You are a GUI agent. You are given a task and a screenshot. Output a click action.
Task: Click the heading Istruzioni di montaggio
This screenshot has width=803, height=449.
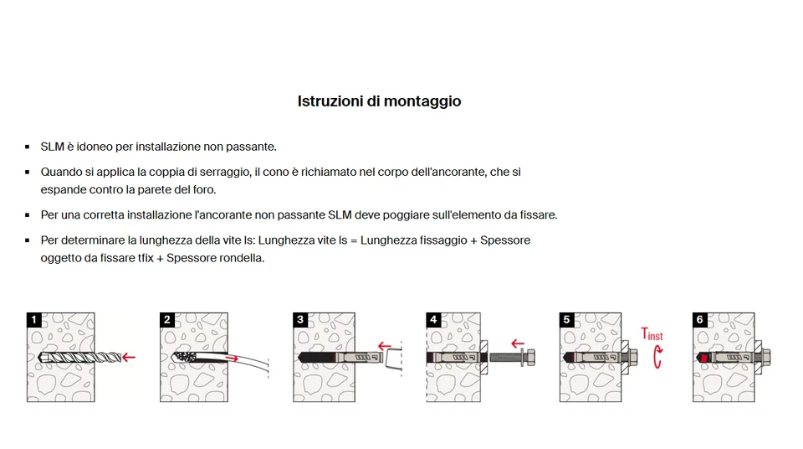[379, 101]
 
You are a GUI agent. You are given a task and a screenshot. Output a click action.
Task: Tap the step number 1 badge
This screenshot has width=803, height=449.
[33, 319]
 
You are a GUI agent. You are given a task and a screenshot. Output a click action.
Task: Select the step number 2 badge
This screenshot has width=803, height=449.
[167, 319]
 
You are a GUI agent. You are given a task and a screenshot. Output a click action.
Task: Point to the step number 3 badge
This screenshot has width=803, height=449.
[300, 319]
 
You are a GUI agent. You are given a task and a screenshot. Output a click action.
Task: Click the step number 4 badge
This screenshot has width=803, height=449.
[432, 319]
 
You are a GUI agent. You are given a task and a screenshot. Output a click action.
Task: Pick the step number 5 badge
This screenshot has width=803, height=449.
[566, 319]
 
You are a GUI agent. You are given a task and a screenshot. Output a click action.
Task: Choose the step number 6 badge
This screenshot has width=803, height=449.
[700, 319]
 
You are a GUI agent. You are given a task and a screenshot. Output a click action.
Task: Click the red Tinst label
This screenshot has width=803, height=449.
[652, 335]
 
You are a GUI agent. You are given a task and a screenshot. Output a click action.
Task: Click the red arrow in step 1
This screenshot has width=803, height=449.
[128, 358]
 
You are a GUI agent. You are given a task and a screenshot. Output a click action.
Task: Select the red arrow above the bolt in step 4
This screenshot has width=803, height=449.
[518, 343]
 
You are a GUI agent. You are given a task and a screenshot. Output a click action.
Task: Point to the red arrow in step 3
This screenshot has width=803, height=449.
[385, 344]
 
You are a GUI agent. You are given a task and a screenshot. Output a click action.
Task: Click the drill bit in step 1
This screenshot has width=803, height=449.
[71, 358]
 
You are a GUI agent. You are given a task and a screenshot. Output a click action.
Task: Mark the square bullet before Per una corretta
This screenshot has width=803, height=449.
[28, 215]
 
